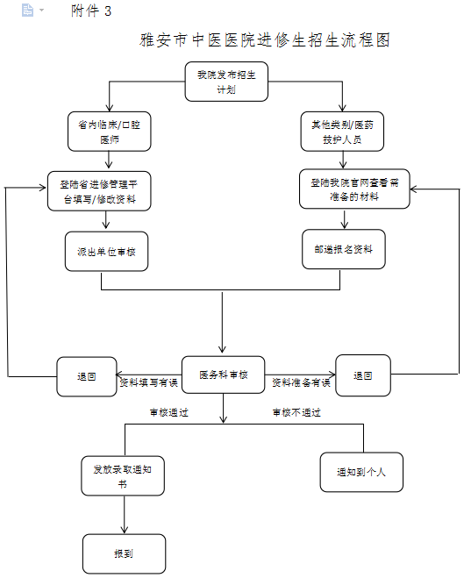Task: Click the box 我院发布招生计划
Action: point(226,82)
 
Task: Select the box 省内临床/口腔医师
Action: point(109,132)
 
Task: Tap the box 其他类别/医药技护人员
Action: point(342,132)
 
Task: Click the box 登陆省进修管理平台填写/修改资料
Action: point(99,191)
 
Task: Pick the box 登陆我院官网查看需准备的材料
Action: point(354,189)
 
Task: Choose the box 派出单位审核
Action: point(106,252)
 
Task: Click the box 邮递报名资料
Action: point(344,249)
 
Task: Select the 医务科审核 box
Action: point(224,375)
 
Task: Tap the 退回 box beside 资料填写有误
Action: point(87,376)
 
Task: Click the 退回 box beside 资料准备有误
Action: point(363,375)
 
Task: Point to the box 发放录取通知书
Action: point(123,476)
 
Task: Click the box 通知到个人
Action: point(361,472)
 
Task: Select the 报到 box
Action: point(124,553)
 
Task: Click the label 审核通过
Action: point(169,412)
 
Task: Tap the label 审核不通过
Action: point(296,412)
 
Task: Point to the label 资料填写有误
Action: point(149,382)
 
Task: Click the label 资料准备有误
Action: point(301,382)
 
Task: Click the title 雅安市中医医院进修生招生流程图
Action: point(265,39)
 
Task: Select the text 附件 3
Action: point(91,11)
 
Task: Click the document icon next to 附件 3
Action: point(28,10)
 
